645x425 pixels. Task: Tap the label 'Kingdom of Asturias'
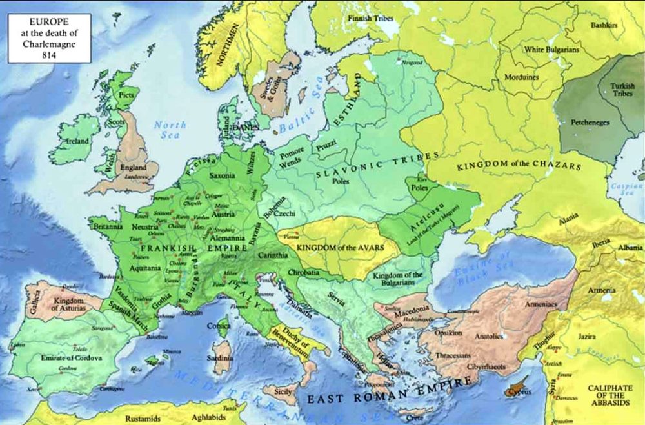coord(70,304)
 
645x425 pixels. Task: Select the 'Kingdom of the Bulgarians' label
coord(398,280)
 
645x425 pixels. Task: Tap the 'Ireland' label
coord(72,140)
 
